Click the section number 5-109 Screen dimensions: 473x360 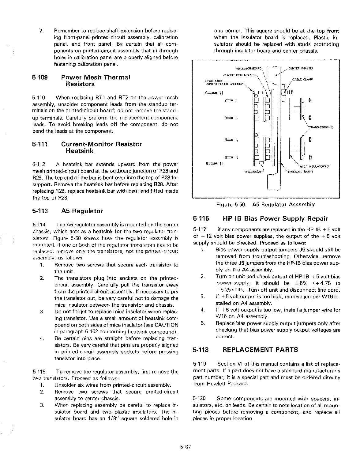click(40, 78)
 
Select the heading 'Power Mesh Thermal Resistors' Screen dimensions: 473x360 click(96, 81)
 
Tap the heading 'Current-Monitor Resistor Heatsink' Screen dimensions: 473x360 click(101, 147)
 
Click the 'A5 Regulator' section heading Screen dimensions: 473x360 click(82, 211)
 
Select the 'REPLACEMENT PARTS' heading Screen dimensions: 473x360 click(260, 350)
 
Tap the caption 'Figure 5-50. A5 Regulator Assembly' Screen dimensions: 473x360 click(265, 204)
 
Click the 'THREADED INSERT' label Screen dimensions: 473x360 click(300, 172)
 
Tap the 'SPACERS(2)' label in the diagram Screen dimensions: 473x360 click(253, 172)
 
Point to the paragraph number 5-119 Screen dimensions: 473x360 click(200, 364)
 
